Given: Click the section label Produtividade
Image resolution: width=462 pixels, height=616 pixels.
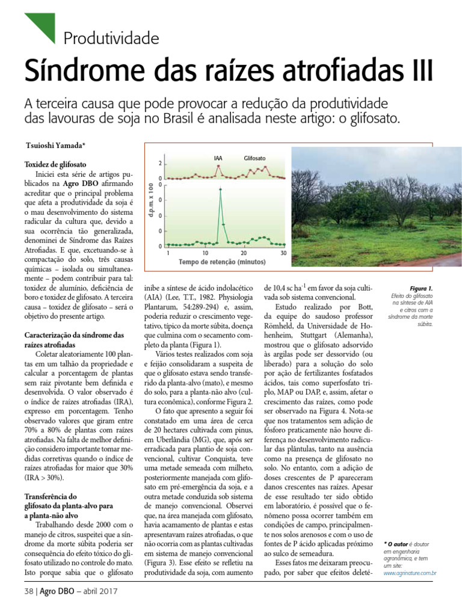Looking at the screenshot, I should [x=111, y=40].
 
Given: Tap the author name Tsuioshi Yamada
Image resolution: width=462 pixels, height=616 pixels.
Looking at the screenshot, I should [x=55, y=146].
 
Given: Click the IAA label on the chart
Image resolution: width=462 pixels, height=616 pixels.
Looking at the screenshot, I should [x=218, y=158].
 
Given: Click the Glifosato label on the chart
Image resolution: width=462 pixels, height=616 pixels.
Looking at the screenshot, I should [x=254, y=158].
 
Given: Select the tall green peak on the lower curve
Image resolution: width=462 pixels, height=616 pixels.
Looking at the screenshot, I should [x=220, y=190].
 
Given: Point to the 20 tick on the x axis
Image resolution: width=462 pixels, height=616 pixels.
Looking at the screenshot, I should [x=244, y=253].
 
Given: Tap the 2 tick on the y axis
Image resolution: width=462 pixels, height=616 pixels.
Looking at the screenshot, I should [x=160, y=164].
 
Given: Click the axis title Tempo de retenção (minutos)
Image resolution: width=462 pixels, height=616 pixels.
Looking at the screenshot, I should [x=222, y=262].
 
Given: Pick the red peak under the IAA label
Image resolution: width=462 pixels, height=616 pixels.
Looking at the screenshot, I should [x=219, y=167].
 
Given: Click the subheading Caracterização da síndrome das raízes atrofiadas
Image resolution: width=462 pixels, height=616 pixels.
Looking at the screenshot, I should [x=73, y=340].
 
